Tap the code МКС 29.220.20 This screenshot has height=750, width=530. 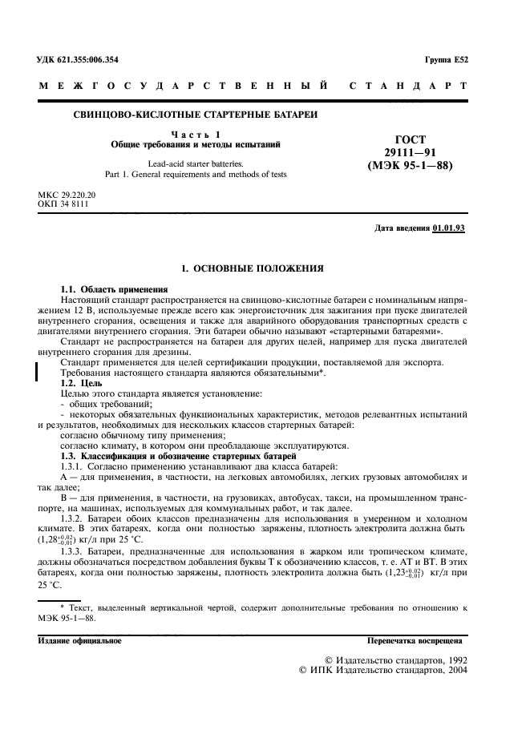pos(67,195)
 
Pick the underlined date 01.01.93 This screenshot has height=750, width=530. pos(448,228)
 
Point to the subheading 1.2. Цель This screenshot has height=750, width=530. pos(80,383)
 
